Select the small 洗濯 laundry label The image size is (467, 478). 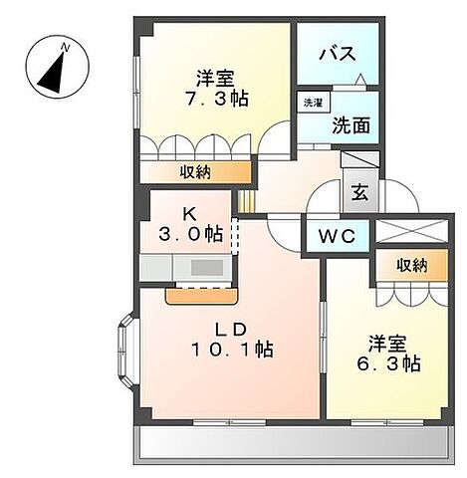313,103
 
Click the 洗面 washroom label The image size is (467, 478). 350,127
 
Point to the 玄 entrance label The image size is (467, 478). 358,193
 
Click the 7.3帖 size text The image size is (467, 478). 215,99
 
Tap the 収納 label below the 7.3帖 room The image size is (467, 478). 194,173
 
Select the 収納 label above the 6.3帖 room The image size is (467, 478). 411,265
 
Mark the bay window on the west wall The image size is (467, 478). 125,349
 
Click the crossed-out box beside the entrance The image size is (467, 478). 411,230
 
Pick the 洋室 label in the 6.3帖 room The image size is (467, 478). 386,344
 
